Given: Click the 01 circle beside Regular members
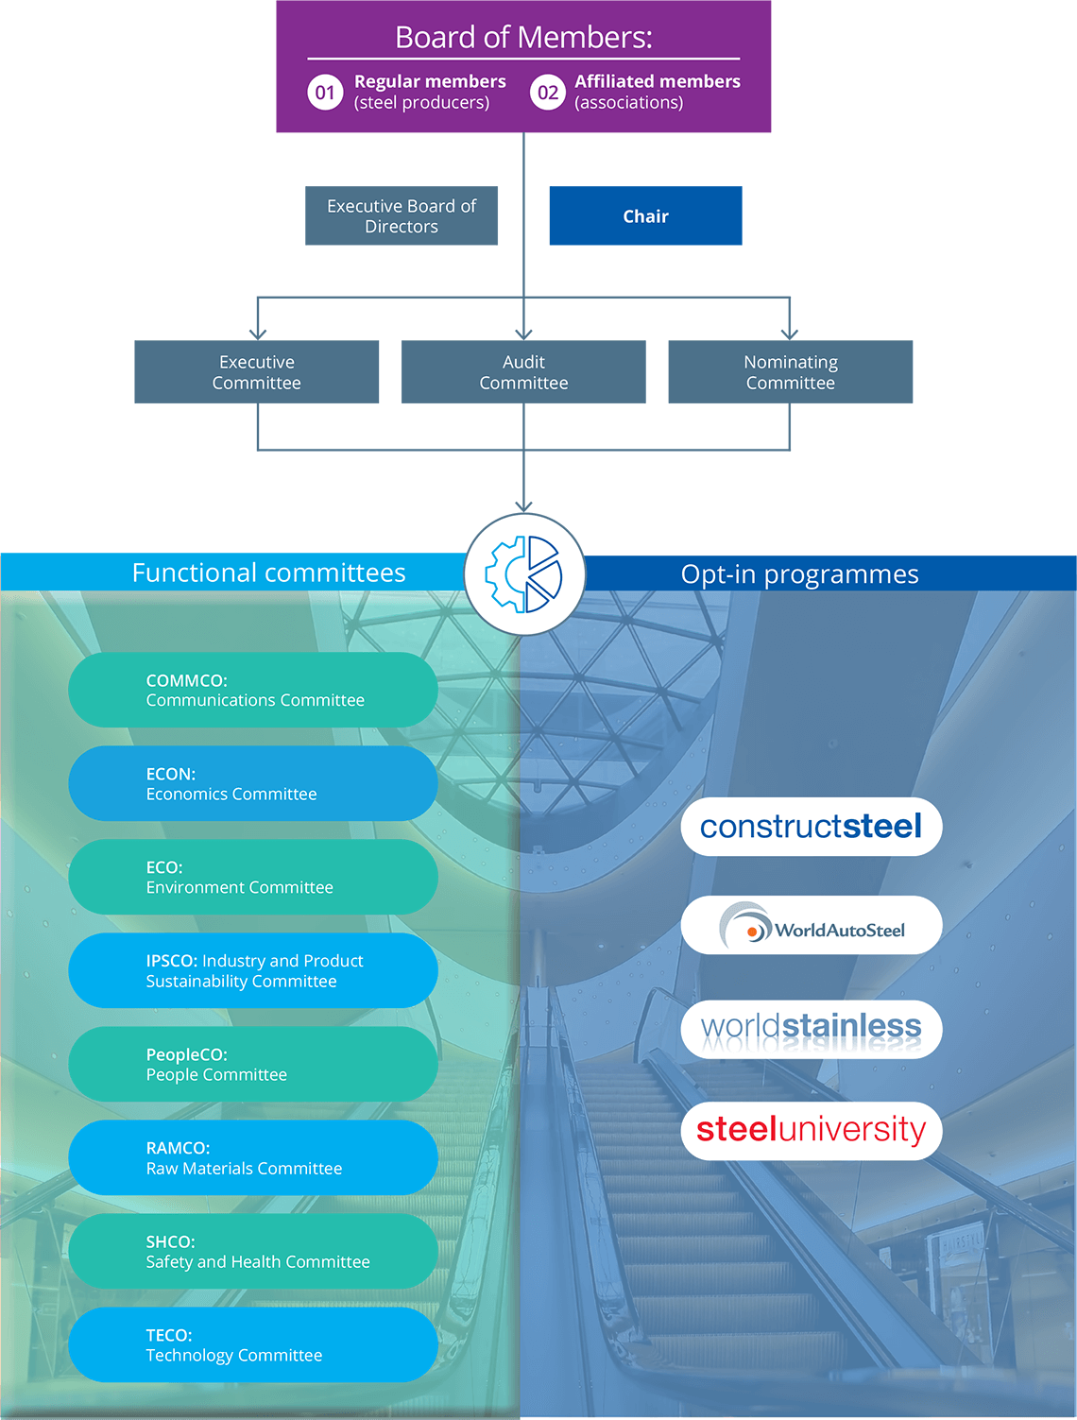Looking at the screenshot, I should [325, 93].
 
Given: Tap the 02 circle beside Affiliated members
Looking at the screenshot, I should [548, 93].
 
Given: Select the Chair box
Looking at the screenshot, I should [645, 216].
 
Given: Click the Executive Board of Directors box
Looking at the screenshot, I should [402, 216].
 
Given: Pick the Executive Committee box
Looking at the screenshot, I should [257, 372].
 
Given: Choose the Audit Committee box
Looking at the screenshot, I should [523, 372].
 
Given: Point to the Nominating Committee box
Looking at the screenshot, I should [791, 372].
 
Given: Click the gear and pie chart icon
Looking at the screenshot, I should [524, 573].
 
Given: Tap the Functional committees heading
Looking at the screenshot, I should [269, 573].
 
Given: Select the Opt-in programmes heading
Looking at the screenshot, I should [799, 574].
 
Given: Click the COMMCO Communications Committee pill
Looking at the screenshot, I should [253, 690].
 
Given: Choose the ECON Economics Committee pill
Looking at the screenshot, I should [253, 783].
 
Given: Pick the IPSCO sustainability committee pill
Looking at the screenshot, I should [253, 970].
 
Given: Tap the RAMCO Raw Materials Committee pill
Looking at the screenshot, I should [253, 1158].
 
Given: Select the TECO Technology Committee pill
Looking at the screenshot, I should [253, 1345].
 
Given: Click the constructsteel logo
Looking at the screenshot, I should [812, 827].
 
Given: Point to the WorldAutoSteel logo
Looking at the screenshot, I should [812, 926].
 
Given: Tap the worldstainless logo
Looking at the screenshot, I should [812, 1029].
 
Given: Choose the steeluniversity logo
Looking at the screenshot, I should [812, 1130].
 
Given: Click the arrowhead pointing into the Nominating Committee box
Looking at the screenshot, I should [790, 334].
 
